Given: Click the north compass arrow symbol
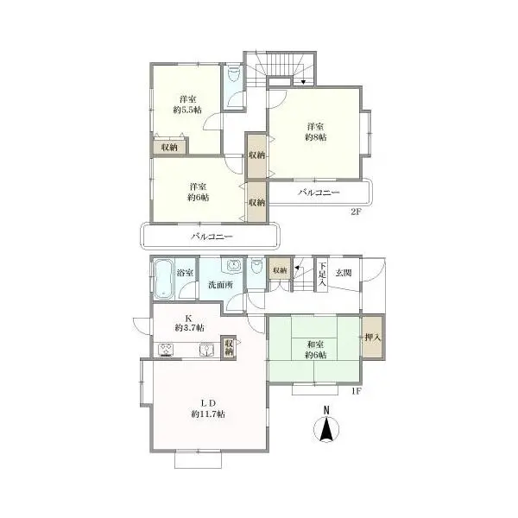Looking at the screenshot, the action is [x=326, y=429].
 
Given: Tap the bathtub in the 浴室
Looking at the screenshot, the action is [x=163, y=279].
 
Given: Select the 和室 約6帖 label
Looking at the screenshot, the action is [x=315, y=350].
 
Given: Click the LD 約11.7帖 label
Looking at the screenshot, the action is [x=208, y=408].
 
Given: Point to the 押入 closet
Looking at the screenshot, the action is [x=372, y=338].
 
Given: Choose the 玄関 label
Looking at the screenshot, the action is [x=344, y=273].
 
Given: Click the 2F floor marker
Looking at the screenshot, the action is [x=356, y=212].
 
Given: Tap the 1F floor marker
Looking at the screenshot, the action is [x=356, y=391].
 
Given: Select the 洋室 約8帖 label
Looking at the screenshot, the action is [x=315, y=132].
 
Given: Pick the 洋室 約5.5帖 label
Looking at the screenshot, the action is [x=187, y=104].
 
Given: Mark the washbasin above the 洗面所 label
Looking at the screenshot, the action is [x=234, y=265].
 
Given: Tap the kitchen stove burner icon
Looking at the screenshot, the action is [x=166, y=350].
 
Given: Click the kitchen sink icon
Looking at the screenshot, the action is [x=206, y=350].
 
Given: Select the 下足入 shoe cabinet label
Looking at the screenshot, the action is [x=322, y=274].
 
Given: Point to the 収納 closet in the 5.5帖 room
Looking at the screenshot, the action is [x=169, y=147].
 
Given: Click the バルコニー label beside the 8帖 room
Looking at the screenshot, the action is [x=319, y=193].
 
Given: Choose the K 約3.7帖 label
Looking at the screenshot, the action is [x=189, y=323].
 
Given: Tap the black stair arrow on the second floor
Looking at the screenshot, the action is [x=303, y=82].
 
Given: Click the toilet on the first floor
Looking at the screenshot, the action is [x=256, y=266].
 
